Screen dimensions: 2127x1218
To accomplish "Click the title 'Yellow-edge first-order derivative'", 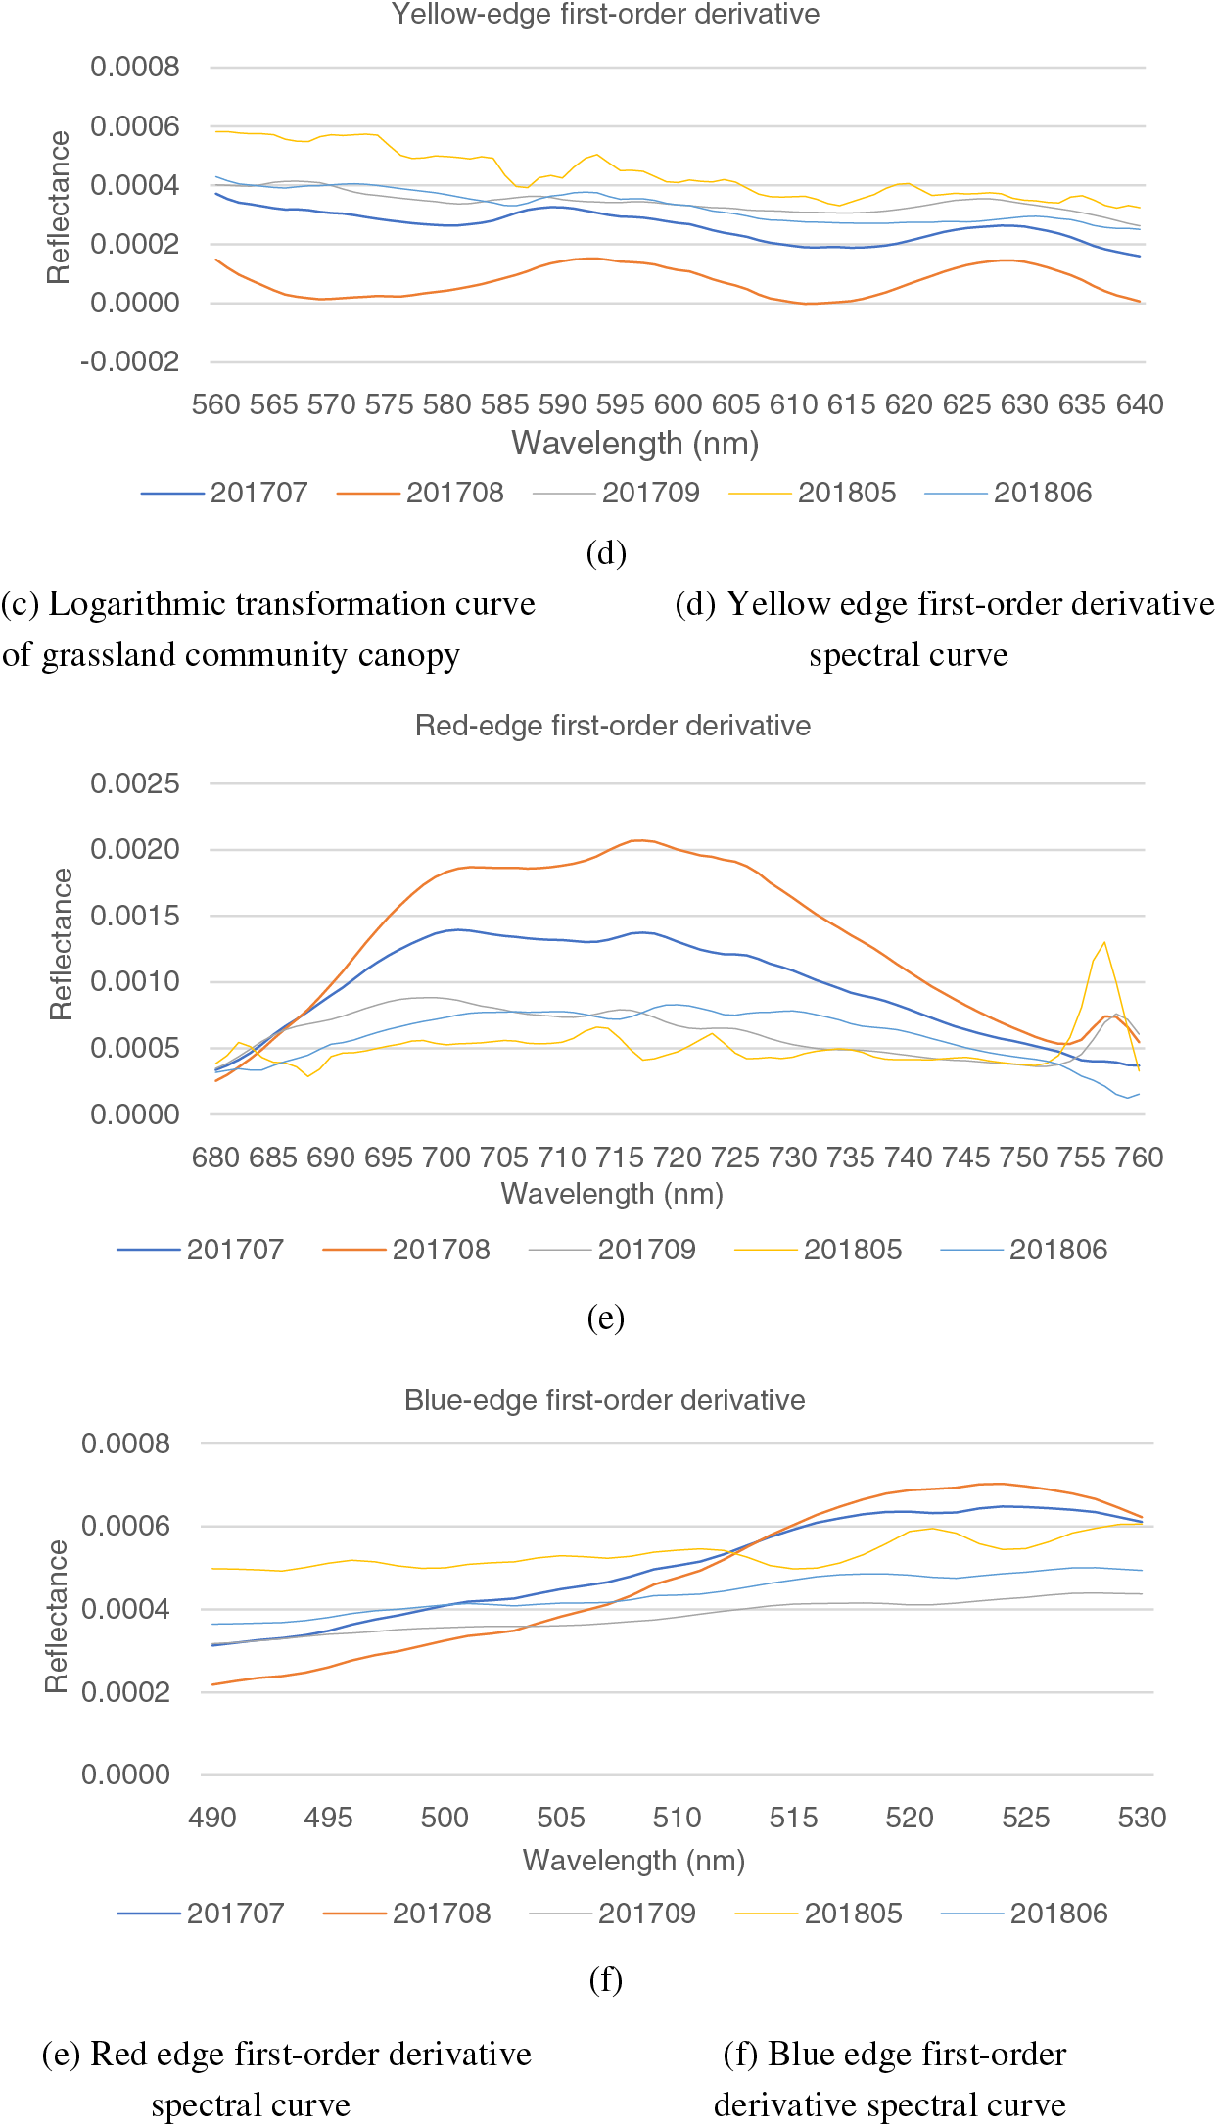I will (605, 14).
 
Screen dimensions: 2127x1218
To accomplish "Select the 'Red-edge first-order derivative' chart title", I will (613, 726).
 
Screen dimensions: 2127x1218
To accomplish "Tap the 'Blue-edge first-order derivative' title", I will (604, 1400).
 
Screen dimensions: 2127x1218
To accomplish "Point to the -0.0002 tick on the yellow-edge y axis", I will (131, 361).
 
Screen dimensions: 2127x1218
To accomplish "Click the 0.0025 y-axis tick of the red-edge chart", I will (135, 783).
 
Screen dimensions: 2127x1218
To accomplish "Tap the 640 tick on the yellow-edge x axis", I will (1140, 404).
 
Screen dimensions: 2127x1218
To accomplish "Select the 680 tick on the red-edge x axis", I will (215, 1158).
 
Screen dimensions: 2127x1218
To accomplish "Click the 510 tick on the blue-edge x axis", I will (677, 1818).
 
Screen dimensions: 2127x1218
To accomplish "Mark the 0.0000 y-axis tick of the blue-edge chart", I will (126, 1774).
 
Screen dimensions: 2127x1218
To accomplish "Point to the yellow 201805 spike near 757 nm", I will (1104, 943).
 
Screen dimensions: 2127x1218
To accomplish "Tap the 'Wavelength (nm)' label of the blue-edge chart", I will (633, 1860).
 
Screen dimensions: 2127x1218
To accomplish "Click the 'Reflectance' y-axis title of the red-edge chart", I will (61, 945).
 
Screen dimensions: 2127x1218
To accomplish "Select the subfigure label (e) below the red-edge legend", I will (605, 1318).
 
